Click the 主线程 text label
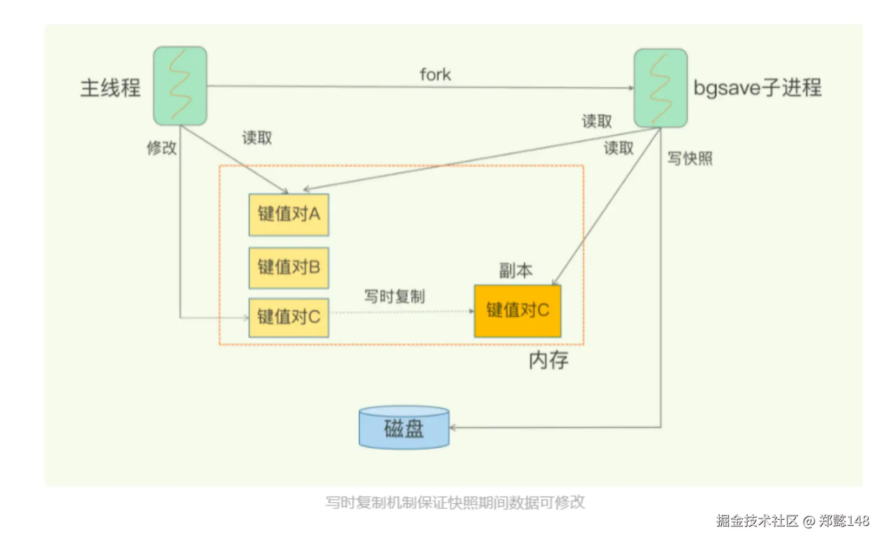click(110, 88)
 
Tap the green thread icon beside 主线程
click(180, 86)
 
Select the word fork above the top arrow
click(435, 74)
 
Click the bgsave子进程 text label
click(757, 88)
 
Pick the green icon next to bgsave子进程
click(661, 88)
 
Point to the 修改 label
click(161, 148)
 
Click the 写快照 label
click(690, 159)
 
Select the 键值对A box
click(289, 214)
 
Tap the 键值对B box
click(289, 268)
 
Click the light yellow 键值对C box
click(289, 317)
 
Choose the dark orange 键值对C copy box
click(518, 311)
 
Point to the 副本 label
click(515, 270)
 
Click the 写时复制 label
click(395, 296)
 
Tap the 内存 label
click(548, 360)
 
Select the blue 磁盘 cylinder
click(404, 428)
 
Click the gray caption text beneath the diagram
click(455, 502)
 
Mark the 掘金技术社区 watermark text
click(757, 520)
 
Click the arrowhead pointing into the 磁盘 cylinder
click(453, 428)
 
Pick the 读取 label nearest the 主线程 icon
click(257, 138)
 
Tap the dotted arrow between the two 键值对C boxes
click(401, 312)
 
